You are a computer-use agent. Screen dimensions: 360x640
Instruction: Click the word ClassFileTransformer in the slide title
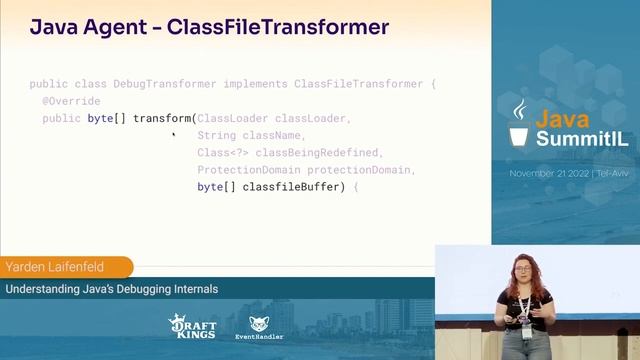click(277, 27)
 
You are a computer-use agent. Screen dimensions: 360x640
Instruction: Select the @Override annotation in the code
click(71, 101)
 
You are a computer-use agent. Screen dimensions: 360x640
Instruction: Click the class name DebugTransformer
click(155, 84)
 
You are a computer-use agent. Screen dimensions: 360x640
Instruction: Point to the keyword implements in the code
click(255, 84)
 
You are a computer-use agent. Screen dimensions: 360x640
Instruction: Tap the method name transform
click(162, 118)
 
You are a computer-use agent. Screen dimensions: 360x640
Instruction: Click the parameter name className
click(271, 135)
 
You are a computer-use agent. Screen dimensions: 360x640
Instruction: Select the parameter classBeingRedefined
click(319, 152)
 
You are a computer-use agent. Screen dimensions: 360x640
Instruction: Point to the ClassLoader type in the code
click(233, 118)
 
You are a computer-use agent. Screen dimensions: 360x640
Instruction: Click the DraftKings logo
click(192, 326)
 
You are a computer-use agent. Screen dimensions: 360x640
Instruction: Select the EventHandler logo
click(259, 327)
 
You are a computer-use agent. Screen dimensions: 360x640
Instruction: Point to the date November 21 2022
click(549, 173)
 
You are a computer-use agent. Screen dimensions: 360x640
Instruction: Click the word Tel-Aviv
click(612, 173)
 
